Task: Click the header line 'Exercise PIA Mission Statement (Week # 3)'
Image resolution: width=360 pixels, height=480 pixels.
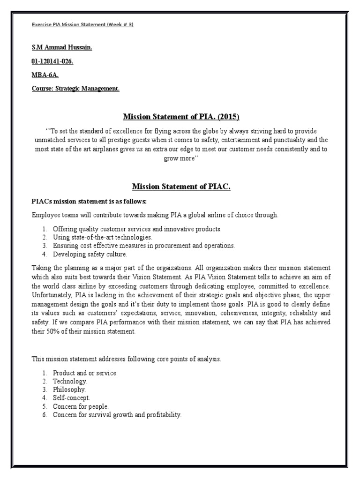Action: (82, 25)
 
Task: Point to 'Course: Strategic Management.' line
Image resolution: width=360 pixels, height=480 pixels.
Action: (75, 88)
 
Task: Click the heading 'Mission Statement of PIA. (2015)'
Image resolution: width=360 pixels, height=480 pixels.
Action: (181, 116)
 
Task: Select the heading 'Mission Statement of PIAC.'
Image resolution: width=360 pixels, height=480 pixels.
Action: (181, 187)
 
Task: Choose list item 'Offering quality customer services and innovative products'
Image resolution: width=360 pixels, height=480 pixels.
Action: (137, 229)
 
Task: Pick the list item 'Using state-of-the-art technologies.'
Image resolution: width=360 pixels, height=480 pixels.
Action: (102, 237)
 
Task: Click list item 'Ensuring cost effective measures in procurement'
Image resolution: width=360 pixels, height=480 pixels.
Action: (143, 245)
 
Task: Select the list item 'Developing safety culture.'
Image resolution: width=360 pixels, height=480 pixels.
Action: (90, 254)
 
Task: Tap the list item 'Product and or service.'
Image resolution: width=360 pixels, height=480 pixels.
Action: (85, 373)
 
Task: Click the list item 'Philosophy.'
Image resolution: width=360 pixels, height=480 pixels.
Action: (69, 390)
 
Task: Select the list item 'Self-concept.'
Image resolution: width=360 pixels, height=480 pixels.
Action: (71, 398)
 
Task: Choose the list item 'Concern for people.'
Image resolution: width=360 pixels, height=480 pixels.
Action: (80, 406)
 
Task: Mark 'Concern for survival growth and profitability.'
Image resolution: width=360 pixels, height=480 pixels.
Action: (117, 415)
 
